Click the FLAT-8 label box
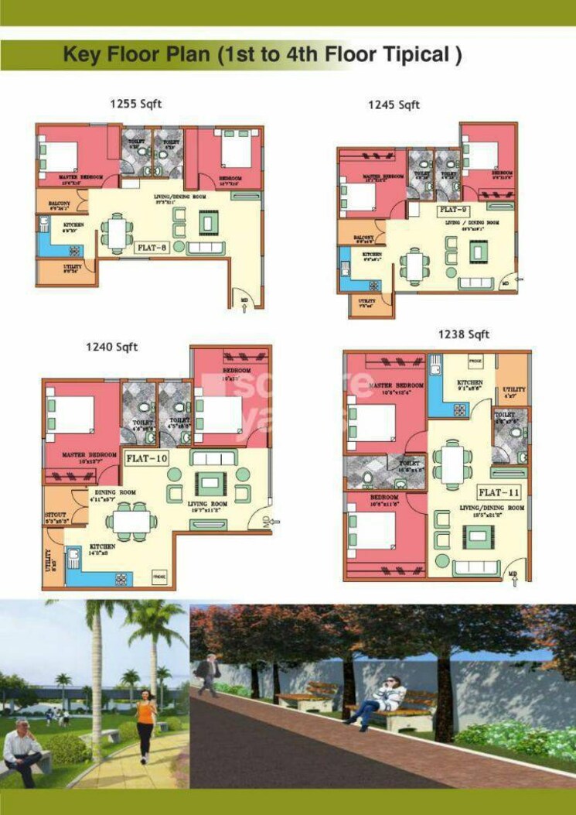pos(154,248)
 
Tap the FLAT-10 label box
pos(147,457)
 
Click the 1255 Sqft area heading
pos(137,104)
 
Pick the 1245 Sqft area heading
pos(394,104)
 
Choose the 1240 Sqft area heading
pos(112,348)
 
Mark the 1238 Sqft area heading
pos(463,334)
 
